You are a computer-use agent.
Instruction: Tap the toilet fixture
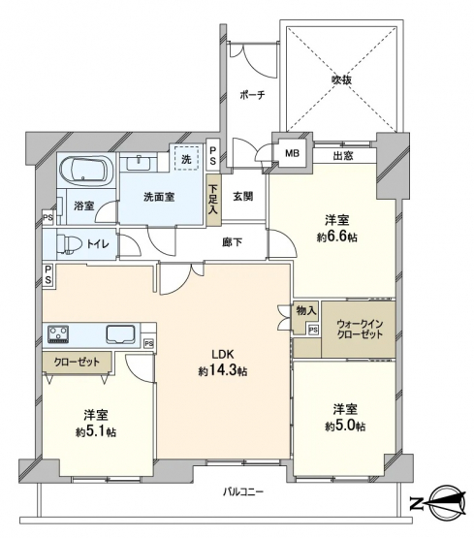pyautogui.click(x=70, y=244)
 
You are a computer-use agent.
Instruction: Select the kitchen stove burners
pyautogui.click(x=58, y=333)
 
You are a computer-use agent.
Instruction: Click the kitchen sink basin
pyautogui.click(x=120, y=333)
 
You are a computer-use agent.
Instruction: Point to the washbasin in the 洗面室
pyautogui.click(x=139, y=163)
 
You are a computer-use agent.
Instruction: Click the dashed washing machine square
pyautogui.click(x=186, y=158)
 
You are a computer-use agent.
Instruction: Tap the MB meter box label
pyautogui.click(x=292, y=153)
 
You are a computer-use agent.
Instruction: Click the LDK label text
pyautogui.click(x=222, y=354)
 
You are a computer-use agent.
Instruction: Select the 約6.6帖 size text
pyautogui.click(x=336, y=237)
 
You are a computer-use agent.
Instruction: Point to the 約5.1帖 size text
pyautogui.click(x=96, y=432)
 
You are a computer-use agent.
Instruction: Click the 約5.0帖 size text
pyautogui.click(x=345, y=427)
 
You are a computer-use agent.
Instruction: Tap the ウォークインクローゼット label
pyautogui.click(x=360, y=329)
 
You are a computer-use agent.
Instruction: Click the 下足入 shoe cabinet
pyautogui.click(x=213, y=200)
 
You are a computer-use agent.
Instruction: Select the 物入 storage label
pyautogui.click(x=306, y=311)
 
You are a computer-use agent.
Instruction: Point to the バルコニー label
pyautogui.click(x=243, y=492)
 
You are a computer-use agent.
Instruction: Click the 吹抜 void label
pyautogui.click(x=341, y=79)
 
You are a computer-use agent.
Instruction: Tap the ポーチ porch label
pyautogui.click(x=252, y=95)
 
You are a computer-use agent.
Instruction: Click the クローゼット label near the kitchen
pyautogui.click(x=77, y=362)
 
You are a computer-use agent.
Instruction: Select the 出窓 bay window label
pyautogui.click(x=343, y=156)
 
